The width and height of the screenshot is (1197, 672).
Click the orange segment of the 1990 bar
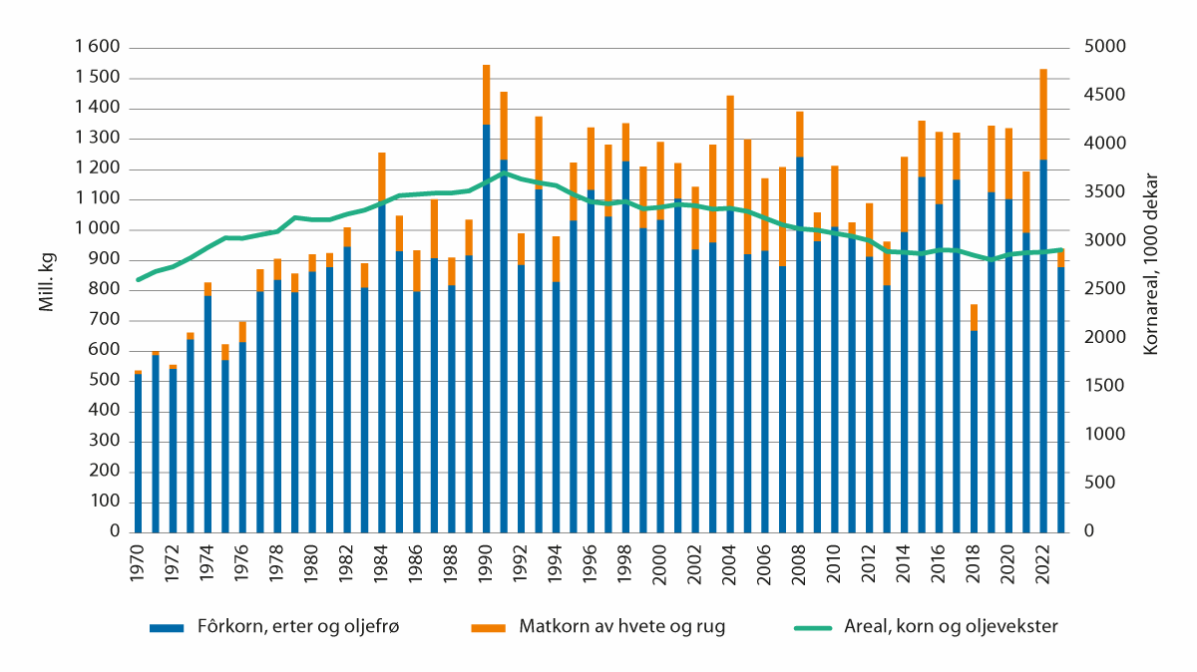pos(486,95)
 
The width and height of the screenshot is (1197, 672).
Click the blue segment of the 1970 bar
pos(138,454)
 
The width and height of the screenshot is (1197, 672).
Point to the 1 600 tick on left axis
pos(98,48)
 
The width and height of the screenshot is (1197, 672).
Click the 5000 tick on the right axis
pos(1100,48)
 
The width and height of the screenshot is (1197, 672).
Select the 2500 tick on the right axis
pos(1100,290)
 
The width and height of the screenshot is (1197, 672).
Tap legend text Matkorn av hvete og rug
pos(615,627)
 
